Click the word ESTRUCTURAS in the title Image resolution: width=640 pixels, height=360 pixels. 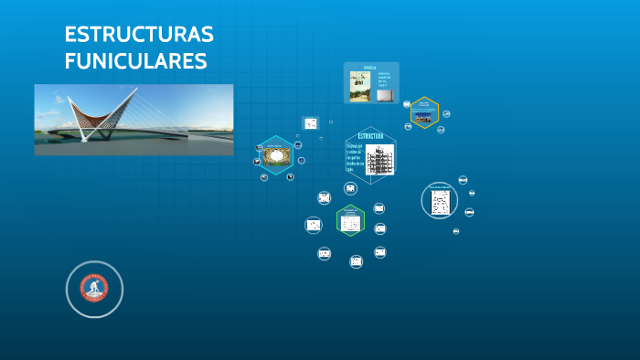pos(139,35)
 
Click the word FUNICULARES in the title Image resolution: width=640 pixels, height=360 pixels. pos(135,62)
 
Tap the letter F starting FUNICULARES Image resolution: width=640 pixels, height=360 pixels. pos(70,62)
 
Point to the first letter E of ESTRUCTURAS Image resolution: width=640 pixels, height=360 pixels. pos(70,35)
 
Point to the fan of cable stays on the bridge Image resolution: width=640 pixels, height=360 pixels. pos(165,114)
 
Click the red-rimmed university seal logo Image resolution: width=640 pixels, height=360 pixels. pos(94,289)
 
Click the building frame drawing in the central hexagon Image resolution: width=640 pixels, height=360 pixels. pos(379,159)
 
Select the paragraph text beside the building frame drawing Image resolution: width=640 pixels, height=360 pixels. pos(355,156)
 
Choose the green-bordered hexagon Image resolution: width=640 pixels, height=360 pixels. pos(350,221)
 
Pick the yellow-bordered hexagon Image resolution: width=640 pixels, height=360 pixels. pos(424,112)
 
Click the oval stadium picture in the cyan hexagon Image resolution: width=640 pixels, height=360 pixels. pos(275,155)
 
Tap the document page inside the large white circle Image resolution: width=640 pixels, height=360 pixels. pos(440,201)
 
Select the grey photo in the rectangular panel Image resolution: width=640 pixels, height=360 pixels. pos(385,93)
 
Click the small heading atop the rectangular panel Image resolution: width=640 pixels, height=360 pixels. pos(369,68)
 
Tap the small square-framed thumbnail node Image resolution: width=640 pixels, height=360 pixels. pos(311,123)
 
